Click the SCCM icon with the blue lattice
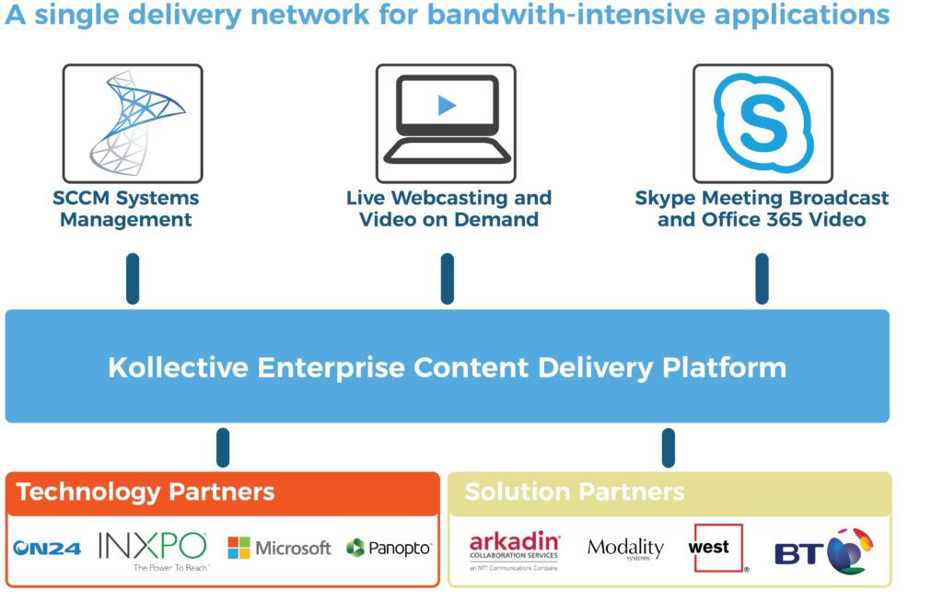tap(134, 123)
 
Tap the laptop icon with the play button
tap(447, 123)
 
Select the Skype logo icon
tap(763, 123)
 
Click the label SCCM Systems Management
tap(126, 209)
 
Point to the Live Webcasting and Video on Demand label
tap(448, 209)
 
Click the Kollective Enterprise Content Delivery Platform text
tap(447, 367)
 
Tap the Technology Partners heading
tap(146, 492)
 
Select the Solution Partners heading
tap(574, 492)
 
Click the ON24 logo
tap(48, 549)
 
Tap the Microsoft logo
tap(279, 549)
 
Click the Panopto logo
tap(388, 549)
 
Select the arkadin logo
tap(515, 550)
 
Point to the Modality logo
tap(625, 549)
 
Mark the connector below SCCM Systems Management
tap(133, 279)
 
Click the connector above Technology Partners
tap(223, 447)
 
